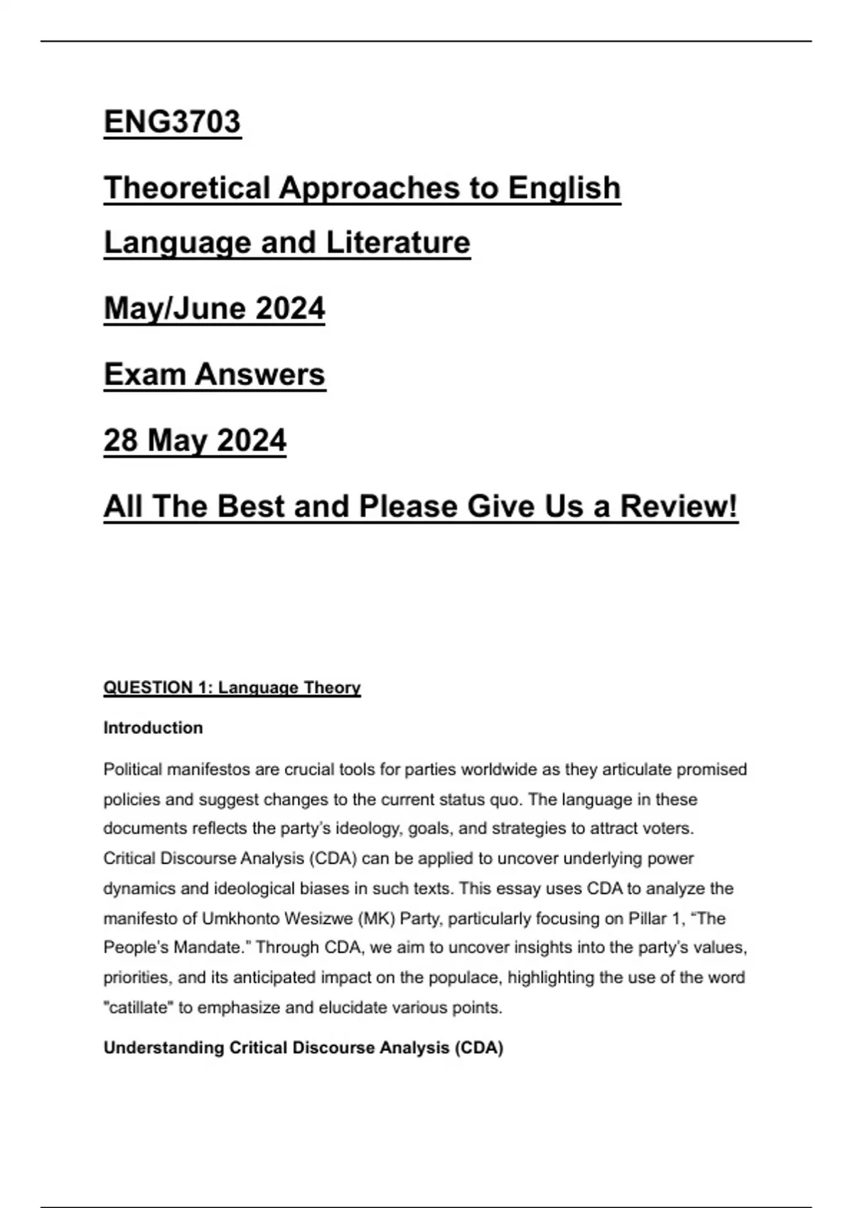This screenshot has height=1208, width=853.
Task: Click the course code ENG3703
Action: click(172, 122)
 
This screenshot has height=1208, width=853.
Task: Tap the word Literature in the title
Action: click(398, 242)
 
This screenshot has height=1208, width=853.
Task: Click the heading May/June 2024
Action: click(214, 308)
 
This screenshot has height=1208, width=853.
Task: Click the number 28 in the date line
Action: click(120, 441)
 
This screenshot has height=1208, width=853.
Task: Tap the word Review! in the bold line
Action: click(678, 507)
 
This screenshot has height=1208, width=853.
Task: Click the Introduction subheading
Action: click(153, 728)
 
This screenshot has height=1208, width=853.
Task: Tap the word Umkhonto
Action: click(242, 918)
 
